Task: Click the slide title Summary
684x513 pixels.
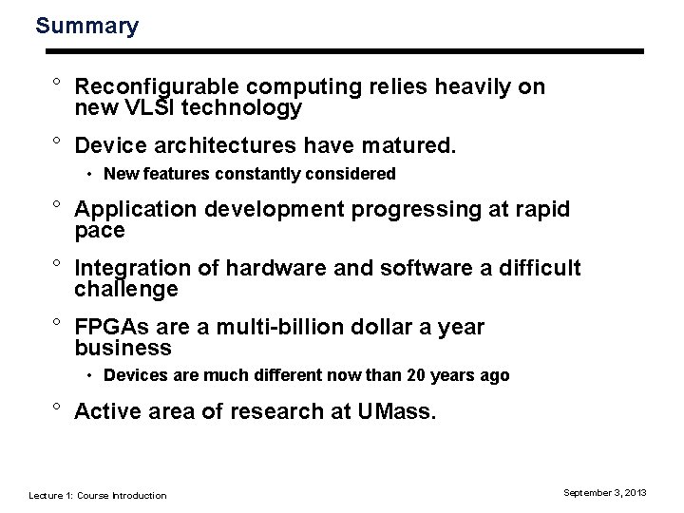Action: pos(86,26)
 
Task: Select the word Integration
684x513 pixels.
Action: pos(132,269)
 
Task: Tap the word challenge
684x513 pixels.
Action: pos(125,289)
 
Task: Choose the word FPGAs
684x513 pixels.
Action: pos(109,328)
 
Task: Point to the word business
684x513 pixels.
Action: pos(123,349)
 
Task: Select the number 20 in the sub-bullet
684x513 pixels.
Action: pos(417,375)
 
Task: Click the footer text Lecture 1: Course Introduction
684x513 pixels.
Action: pos(98,495)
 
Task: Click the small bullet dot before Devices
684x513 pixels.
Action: pos(88,376)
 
